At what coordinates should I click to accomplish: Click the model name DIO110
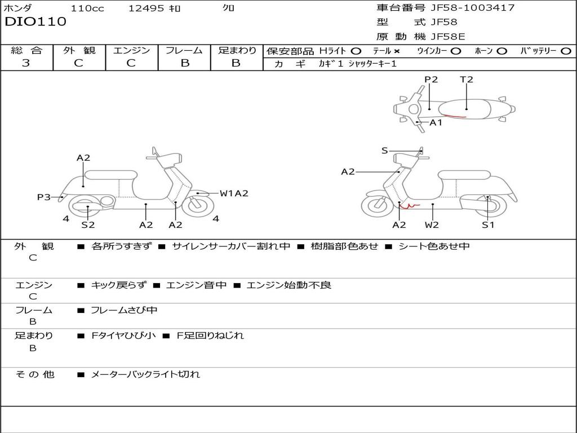click(x=35, y=22)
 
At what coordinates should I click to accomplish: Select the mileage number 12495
click(x=146, y=8)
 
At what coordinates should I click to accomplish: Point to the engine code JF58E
click(x=447, y=37)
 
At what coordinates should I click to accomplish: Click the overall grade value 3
click(x=26, y=63)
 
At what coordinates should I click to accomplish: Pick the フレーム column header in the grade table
click(x=184, y=51)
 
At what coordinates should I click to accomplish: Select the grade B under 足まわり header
click(x=236, y=63)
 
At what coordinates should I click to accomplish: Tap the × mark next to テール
click(x=397, y=51)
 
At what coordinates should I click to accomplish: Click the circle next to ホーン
click(x=502, y=51)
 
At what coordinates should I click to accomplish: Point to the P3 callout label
click(x=44, y=197)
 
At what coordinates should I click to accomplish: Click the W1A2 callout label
click(x=234, y=193)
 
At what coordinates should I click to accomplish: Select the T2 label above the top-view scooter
click(x=466, y=79)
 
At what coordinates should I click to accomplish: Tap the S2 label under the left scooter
click(x=88, y=224)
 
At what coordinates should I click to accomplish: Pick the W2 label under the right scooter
click(x=432, y=224)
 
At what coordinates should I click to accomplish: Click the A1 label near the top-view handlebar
click(x=436, y=122)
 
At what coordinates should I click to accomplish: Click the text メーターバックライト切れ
click(x=145, y=374)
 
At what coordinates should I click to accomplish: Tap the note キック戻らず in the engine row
click(x=119, y=285)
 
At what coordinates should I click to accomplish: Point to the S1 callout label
click(x=487, y=224)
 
